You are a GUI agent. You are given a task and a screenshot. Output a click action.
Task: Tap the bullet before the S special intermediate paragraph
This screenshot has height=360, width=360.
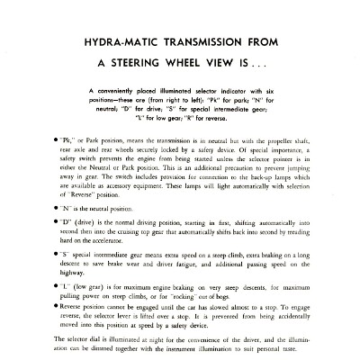(x=53, y=256)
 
